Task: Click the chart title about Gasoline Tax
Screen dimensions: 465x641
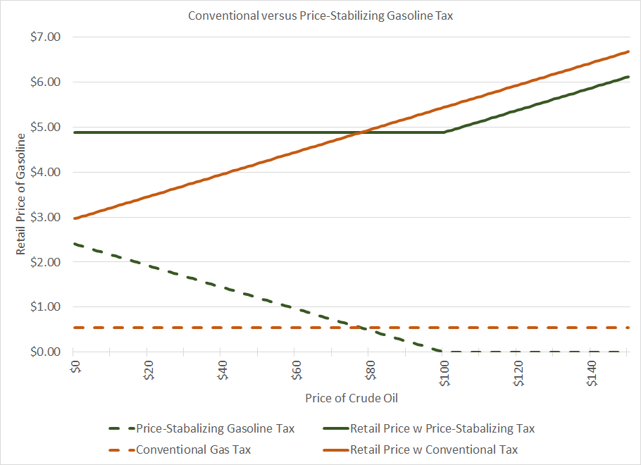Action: click(x=320, y=15)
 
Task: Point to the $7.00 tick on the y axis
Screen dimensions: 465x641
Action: click(x=46, y=37)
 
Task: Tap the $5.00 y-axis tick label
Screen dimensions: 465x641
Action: click(x=46, y=127)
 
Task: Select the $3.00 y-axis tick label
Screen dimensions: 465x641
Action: click(x=46, y=217)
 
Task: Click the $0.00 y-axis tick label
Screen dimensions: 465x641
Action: click(x=46, y=352)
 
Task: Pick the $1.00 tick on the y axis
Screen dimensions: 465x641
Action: click(x=46, y=307)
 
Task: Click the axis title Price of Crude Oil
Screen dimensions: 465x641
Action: click(x=351, y=398)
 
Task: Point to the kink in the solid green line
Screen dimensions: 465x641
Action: click(x=443, y=132)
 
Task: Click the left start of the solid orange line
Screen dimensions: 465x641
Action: click(x=75, y=218)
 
